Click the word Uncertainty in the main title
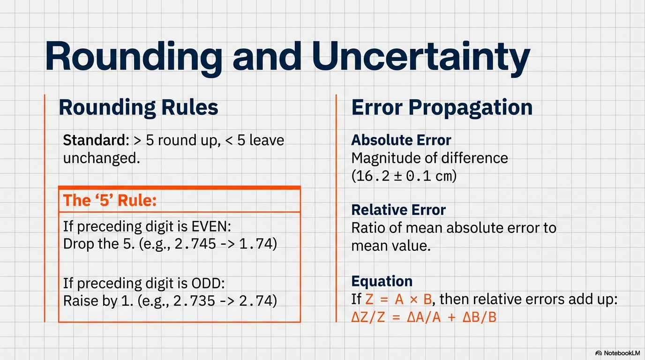pos(421,57)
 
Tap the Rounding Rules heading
pos(138,108)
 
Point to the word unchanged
pos(102,158)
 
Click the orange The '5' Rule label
pos(110,200)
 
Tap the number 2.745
pos(195,244)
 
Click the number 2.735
pos(195,301)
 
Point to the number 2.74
pos(256,301)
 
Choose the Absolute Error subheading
pos(401,140)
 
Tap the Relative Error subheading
pos(398,210)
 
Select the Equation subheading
pos(382,281)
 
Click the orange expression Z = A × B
pos(398,300)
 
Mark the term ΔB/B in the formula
pos(480,317)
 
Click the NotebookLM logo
pos(617,353)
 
